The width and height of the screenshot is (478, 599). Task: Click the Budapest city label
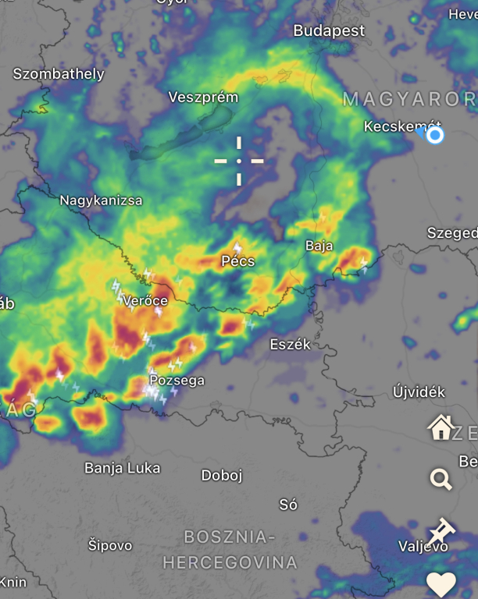pyautogui.click(x=329, y=31)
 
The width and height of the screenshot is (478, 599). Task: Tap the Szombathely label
pyautogui.click(x=59, y=74)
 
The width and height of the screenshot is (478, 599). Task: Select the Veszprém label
pyautogui.click(x=203, y=97)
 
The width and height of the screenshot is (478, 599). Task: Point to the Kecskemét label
pyautogui.click(x=402, y=126)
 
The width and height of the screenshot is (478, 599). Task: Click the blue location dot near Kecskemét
pyautogui.click(x=435, y=136)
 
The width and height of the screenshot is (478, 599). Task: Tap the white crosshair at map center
pyautogui.click(x=239, y=161)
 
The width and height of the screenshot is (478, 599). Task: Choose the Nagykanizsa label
pyautogui.click(x=101, y=200)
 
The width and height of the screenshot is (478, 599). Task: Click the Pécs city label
pyautogui.click(x=237, y=261)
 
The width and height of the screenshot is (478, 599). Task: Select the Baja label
pyautogui.click(x=319, y=246)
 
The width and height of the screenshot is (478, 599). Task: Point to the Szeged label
pyautogui.click(x=451, y=233)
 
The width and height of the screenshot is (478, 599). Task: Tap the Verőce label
pyautogui.click(x=146, y=300)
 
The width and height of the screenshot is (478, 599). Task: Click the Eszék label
pyautogui.click(x=290, y=344)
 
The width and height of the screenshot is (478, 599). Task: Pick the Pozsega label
pyautogui.click(x=177, y=381)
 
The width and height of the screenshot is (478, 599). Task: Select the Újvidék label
pyautogui.click(x=419, y=392)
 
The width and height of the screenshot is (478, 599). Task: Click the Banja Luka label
pyautogui.click(x=122, y=468)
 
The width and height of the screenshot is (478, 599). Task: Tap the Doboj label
pyautogui.click(x=222, y=475)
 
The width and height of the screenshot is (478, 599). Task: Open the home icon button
pyautogui.click(x=441, y=427)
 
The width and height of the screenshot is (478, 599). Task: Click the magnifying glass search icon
pyautogui.click(x=441, y=479)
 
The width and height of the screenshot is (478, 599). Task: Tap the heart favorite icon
pyautogui.click(x=441, y=583)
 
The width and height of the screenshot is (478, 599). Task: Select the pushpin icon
pyautogui.click(x=441, y=530)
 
